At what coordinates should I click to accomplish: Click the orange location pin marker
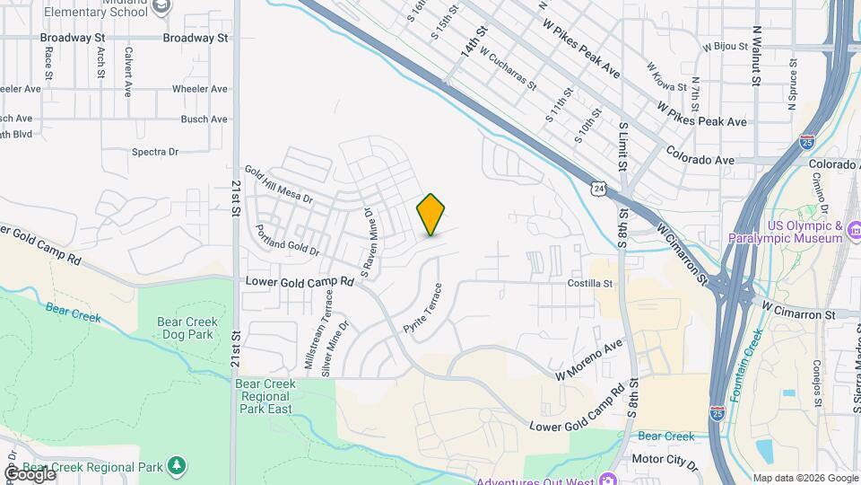point(431,214)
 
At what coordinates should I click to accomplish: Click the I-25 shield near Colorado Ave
point(807,142)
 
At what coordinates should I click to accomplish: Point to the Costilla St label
point(589,283)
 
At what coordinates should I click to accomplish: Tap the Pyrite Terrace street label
point(422,307)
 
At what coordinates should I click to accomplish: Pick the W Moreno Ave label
point(588,359)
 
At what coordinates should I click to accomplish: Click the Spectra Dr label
point(155,152)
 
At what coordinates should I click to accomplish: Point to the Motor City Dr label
point(665,459)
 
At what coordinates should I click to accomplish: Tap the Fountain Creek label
point(746,364)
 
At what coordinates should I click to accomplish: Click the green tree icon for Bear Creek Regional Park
point(178,465)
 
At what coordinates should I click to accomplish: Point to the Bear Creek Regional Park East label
point(265,396)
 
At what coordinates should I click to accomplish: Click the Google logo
point(30,473)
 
